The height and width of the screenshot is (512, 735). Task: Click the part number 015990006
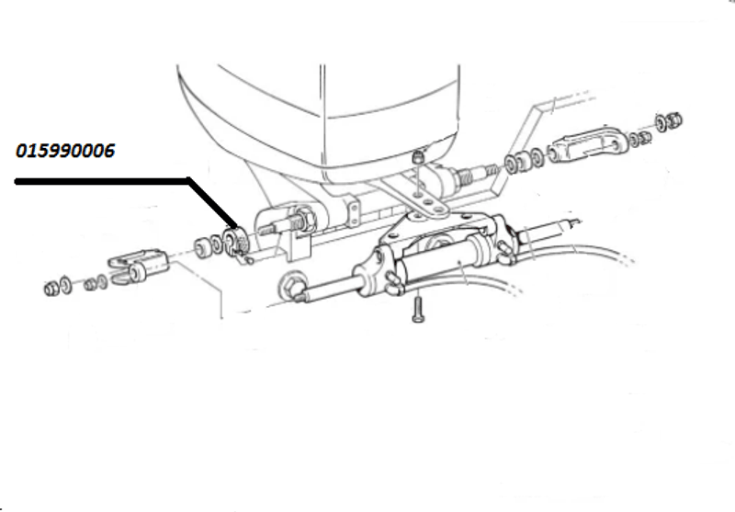pos(65,151)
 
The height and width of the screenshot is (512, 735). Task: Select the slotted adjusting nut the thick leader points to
pos(236,243)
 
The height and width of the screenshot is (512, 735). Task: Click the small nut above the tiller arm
pos(418,156)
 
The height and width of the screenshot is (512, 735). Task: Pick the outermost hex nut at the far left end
pos(51,289)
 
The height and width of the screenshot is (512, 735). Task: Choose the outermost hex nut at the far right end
pos(674,120)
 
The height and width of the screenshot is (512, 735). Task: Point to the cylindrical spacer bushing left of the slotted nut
pos(203,247)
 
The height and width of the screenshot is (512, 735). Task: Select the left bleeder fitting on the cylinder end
pos(394,284)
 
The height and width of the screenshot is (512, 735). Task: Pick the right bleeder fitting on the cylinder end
pos(505,252)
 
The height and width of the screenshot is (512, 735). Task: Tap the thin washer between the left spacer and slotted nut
pos(217,245)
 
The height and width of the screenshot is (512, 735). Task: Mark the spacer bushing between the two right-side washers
pos(524,161)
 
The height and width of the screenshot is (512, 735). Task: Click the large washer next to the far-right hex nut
pos(661,123)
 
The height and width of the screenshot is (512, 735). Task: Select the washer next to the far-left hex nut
pos(66,285)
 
